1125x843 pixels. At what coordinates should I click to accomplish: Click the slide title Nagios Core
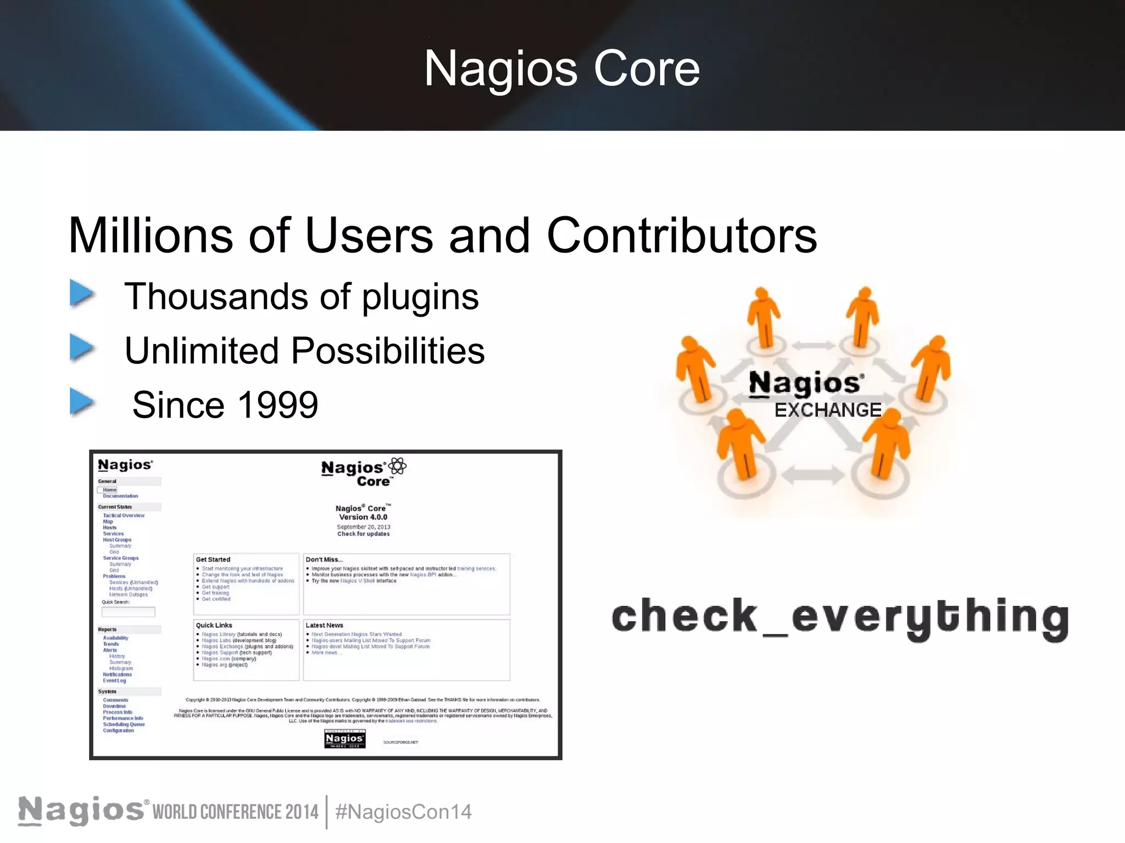click(x=562, y=69)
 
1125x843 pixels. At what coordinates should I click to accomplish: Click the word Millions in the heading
click(x=151, y=236)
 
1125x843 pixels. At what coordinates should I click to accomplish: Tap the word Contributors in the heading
click(x=681, y=236)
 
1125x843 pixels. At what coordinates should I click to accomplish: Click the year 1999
click(x=278, y=405)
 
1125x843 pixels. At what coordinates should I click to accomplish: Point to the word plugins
click(x=420, y=297)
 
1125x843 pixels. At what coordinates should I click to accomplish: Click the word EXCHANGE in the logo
click(x=827, y=410)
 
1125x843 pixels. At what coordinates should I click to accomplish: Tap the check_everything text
click(x=840, y=617)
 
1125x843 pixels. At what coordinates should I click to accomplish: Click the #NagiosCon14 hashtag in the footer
click(x=403, y=812)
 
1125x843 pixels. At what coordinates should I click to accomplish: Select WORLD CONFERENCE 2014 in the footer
click(x=235, y=812)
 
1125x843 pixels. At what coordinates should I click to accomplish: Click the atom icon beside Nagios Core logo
click(x=397, y=467)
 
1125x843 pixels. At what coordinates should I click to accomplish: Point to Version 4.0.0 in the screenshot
click(x=363, y=517)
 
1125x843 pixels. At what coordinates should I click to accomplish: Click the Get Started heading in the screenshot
click(x=213, y=560)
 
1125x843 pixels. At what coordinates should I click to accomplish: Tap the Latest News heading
click(x=324, y=625)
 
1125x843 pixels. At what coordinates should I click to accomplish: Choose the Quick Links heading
click(x=214, y=625)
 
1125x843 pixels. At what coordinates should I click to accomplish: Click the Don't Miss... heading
click(x=324, y=560)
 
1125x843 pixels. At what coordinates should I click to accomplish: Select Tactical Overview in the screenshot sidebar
click(x=124, y=515)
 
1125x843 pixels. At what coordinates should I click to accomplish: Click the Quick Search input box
click(x=129, y=611)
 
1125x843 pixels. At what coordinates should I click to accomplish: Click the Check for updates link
click(x=363, y=533)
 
